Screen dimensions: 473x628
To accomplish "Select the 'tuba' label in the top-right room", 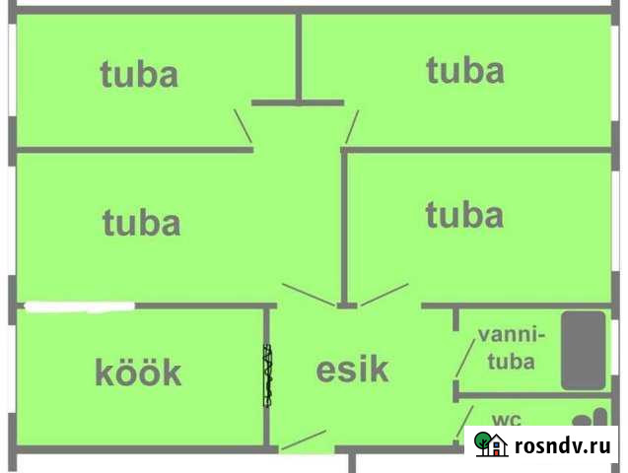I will (464, 70).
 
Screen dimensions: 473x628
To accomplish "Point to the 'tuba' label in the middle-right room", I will (463, 215).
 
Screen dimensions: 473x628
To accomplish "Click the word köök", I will (138, 372).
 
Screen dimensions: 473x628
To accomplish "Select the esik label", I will (352, 370).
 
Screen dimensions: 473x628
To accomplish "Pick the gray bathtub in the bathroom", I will (584, 350).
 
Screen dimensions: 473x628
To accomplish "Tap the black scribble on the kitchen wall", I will (267, 374).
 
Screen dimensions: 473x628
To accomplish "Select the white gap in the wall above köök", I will (79, 306).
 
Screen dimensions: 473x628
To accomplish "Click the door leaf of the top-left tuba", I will (242, 126).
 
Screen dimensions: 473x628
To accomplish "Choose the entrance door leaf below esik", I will (304, 440).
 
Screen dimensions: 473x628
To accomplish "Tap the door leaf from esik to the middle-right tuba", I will (384, 294).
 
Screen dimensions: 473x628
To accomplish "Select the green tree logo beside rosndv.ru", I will (490, 443).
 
